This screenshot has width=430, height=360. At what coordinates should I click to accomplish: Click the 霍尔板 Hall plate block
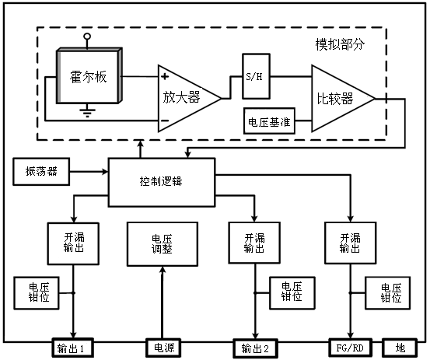click(87, 79)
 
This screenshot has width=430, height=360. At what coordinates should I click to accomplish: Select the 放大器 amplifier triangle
click(184, 98)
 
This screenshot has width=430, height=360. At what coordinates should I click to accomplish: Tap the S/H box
click(253, 76)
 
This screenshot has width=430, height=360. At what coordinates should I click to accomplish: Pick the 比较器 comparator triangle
click(338, 99)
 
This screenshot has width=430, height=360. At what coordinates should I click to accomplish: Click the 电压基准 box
click(269, 123)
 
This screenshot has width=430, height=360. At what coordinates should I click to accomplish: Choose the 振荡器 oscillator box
click(41, 170)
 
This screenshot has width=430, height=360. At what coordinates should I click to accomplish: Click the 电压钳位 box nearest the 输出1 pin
click(34, 293)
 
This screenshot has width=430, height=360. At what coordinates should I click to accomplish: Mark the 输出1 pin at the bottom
click(74, 348)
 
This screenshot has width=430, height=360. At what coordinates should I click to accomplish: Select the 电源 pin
click(163, 348)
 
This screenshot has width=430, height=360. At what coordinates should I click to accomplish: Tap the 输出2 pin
click(255, 348)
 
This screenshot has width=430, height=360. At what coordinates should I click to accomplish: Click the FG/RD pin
click(351, 348)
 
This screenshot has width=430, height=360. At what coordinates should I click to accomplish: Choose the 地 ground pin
click(401, 348)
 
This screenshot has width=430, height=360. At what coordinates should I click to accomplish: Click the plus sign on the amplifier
click(165, 77)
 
